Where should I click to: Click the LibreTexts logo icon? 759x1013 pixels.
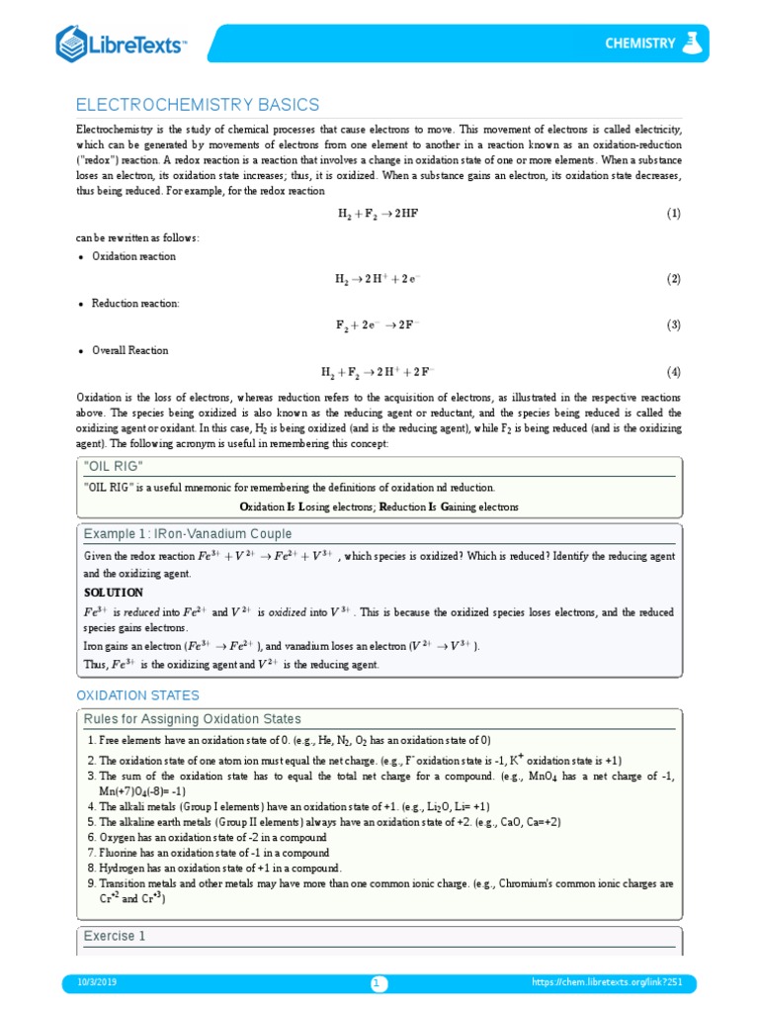click(73, 44)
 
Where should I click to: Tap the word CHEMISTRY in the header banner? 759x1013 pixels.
click(640, 44)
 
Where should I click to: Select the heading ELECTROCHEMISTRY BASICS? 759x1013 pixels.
click(198, 105)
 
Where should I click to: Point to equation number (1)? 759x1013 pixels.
click(673, 214)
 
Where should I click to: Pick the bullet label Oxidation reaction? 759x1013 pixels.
click(133, 256)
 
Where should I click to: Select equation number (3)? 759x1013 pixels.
click(673, 324)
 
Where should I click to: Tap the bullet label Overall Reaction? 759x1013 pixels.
click(129, 350)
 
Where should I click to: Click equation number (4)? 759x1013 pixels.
click(673, 372)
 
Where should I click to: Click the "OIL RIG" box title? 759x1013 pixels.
click(114, 466)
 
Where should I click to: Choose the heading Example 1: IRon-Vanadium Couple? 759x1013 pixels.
click(188, 534)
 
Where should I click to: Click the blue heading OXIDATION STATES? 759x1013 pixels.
click(137, 695)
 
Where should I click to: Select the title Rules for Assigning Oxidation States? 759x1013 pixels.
click(192, 719)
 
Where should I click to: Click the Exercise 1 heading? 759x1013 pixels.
click(115, 936)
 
